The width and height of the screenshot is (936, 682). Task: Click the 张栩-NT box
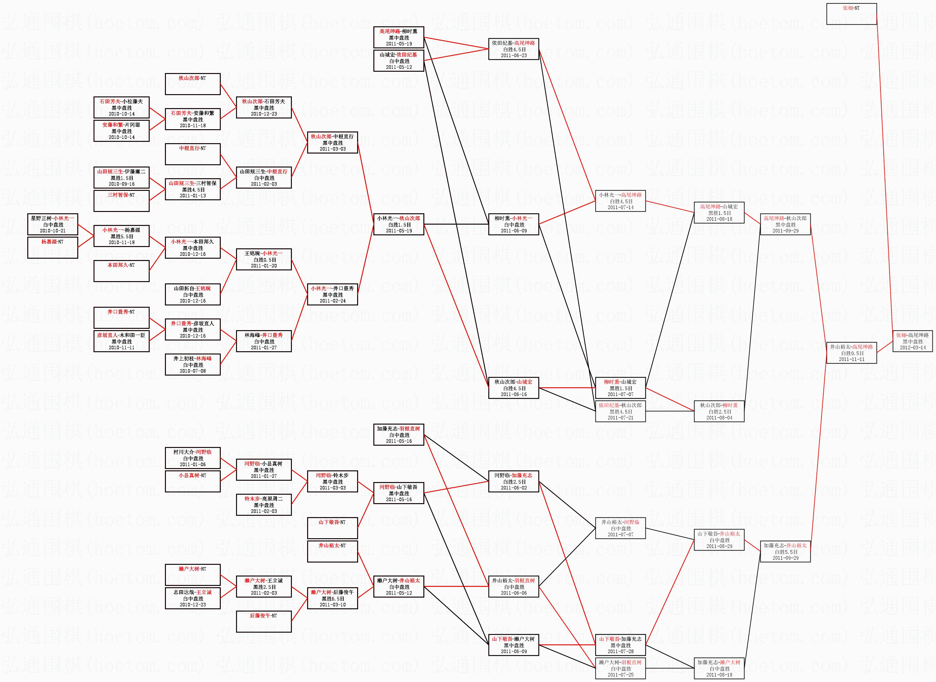point(851,14)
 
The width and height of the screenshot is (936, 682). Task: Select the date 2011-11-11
point(851,359)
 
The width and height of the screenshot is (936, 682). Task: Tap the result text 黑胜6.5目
point(332,599)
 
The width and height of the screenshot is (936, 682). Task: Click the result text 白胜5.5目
point(786,552)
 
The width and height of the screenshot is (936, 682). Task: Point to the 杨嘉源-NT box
point(53,247)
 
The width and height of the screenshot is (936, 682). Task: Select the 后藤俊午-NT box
point(263,621)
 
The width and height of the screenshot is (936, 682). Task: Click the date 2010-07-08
point(193,371)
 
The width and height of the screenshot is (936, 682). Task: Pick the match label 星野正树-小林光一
point(53,218)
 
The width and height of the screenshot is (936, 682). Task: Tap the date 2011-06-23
point(514,55)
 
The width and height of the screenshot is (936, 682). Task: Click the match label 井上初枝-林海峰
point(193,359)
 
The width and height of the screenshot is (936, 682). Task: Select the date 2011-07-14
point(620,207)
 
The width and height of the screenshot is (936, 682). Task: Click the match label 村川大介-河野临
point(193,452)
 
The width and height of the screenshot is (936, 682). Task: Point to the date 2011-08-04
point(719,417)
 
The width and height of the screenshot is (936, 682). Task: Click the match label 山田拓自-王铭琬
point(193,289)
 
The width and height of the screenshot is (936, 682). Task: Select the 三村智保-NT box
point(121,201)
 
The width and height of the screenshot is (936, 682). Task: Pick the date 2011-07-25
point(620,675)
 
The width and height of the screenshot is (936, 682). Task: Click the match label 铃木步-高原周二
point(263,499)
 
